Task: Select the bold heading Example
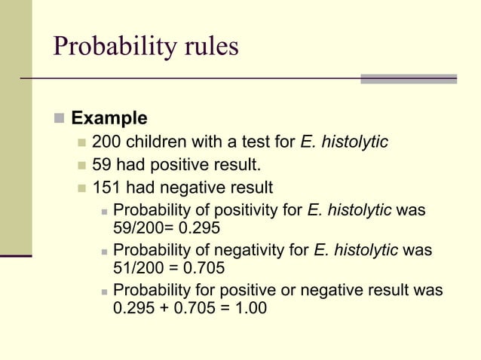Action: point(109,118)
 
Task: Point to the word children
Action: point(155,142)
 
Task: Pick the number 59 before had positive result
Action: point(101,165)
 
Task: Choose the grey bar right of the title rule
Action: point(409,78)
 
